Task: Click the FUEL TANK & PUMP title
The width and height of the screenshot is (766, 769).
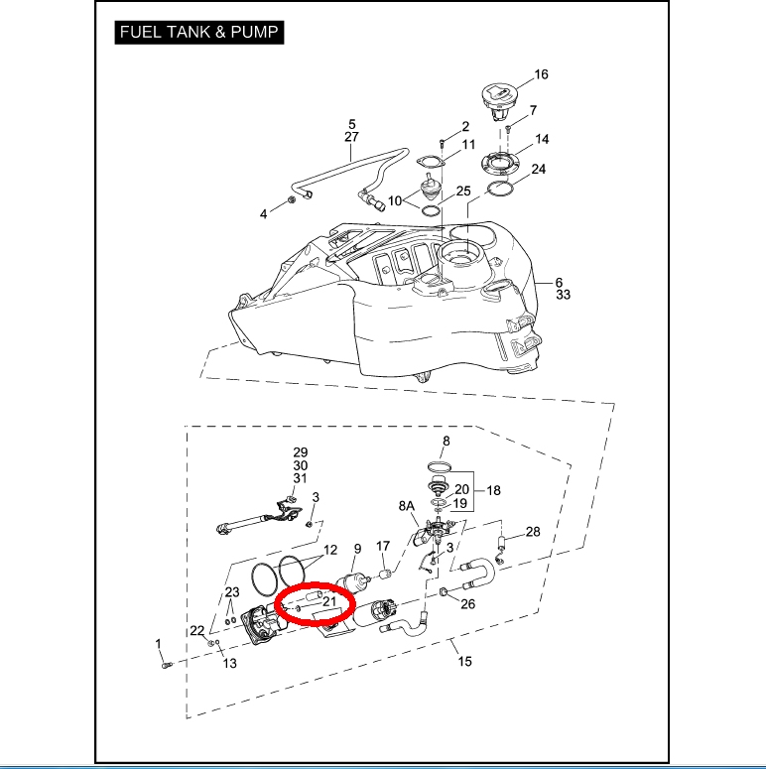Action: pyautogui.click(x=199, y=32)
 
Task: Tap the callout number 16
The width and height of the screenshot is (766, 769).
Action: pyautogui.click(x=541, y=74)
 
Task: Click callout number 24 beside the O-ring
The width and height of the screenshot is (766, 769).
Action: pyautogui.click(x=538, y=169)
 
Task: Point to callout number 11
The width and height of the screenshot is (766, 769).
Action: pyautogui.click(x=468, y=145)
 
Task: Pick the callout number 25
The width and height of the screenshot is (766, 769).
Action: pyautogui.click(x=463, y=191)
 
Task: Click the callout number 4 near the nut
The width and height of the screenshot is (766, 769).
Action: pyautogui.click(x=264, y=213)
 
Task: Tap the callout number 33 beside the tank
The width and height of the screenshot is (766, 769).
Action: pyautogui.click(x=563, y=295)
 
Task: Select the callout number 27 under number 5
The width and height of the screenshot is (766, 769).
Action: pyautogui.click(x=352, y=137)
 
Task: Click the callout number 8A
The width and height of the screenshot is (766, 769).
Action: pyautogui.click(x=407, y=506)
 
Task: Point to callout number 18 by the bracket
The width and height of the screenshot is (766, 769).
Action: pyautogui.click(x=493, y=490)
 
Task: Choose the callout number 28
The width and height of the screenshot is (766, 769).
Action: pyautogui.click(x=533, y=532)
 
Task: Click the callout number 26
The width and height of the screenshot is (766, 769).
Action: pyautogui.click(x=468, y=603)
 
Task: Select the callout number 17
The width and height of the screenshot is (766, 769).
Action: pyautogui.click(x=383, y=547)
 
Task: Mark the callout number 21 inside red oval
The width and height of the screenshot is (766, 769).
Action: pyautogui.click(x=330, y=601)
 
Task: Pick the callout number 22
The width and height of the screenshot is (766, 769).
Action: pyautogui.click(x=197, y=631)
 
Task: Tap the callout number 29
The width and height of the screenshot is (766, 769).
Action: pyautogui.click(x=300, y=452)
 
